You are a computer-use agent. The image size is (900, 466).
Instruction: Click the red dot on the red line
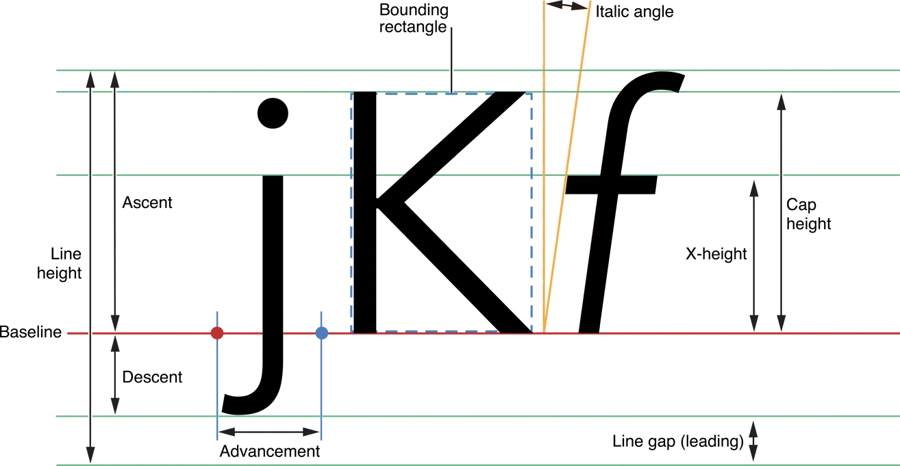pyautogui.click(x=217, y=333)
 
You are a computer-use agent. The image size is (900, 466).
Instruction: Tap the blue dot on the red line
pyautogui.click(x=321, y=333)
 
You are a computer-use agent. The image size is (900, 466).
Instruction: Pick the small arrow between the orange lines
pyautogui.click(x=566, y=5)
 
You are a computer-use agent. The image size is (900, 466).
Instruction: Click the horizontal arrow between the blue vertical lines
pyautogui.click(x=269, y=432)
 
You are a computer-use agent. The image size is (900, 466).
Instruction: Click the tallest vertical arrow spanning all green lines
pyautogui.click(x=90, y=267)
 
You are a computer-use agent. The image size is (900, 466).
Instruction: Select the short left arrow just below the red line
pyautogui.click(x=115, y=374)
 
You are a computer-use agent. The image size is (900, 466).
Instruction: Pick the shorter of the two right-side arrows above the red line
pyautogui.click(x=754, y=257)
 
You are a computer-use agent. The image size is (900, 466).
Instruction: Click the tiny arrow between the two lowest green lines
pyautogui.click(x=753, y=441)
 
